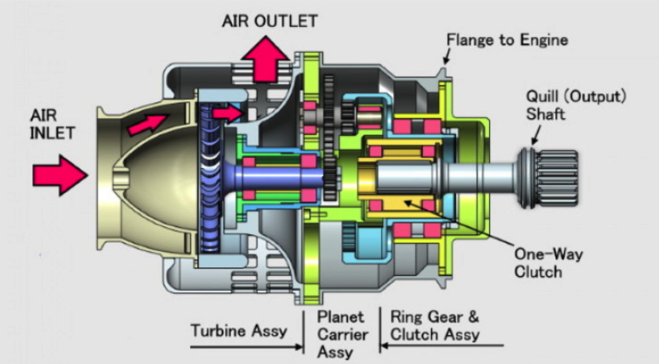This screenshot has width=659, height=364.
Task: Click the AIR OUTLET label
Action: click(x=269, y=21)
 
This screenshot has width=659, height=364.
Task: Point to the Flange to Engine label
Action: click(x=507, y=40)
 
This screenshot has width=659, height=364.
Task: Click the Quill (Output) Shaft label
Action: click(x=576, y=105)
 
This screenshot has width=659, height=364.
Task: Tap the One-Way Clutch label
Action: click(x=548, y=263)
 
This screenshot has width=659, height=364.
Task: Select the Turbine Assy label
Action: click(x=239, y=331)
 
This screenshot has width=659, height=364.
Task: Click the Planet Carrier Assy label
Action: click(x=342, y=335)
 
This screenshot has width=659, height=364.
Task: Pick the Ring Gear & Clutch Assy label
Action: click(x=434, y=326)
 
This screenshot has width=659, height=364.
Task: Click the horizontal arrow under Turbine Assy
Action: click(x=246, y=347)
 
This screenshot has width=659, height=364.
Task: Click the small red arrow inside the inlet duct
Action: click(x=147, y=124)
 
